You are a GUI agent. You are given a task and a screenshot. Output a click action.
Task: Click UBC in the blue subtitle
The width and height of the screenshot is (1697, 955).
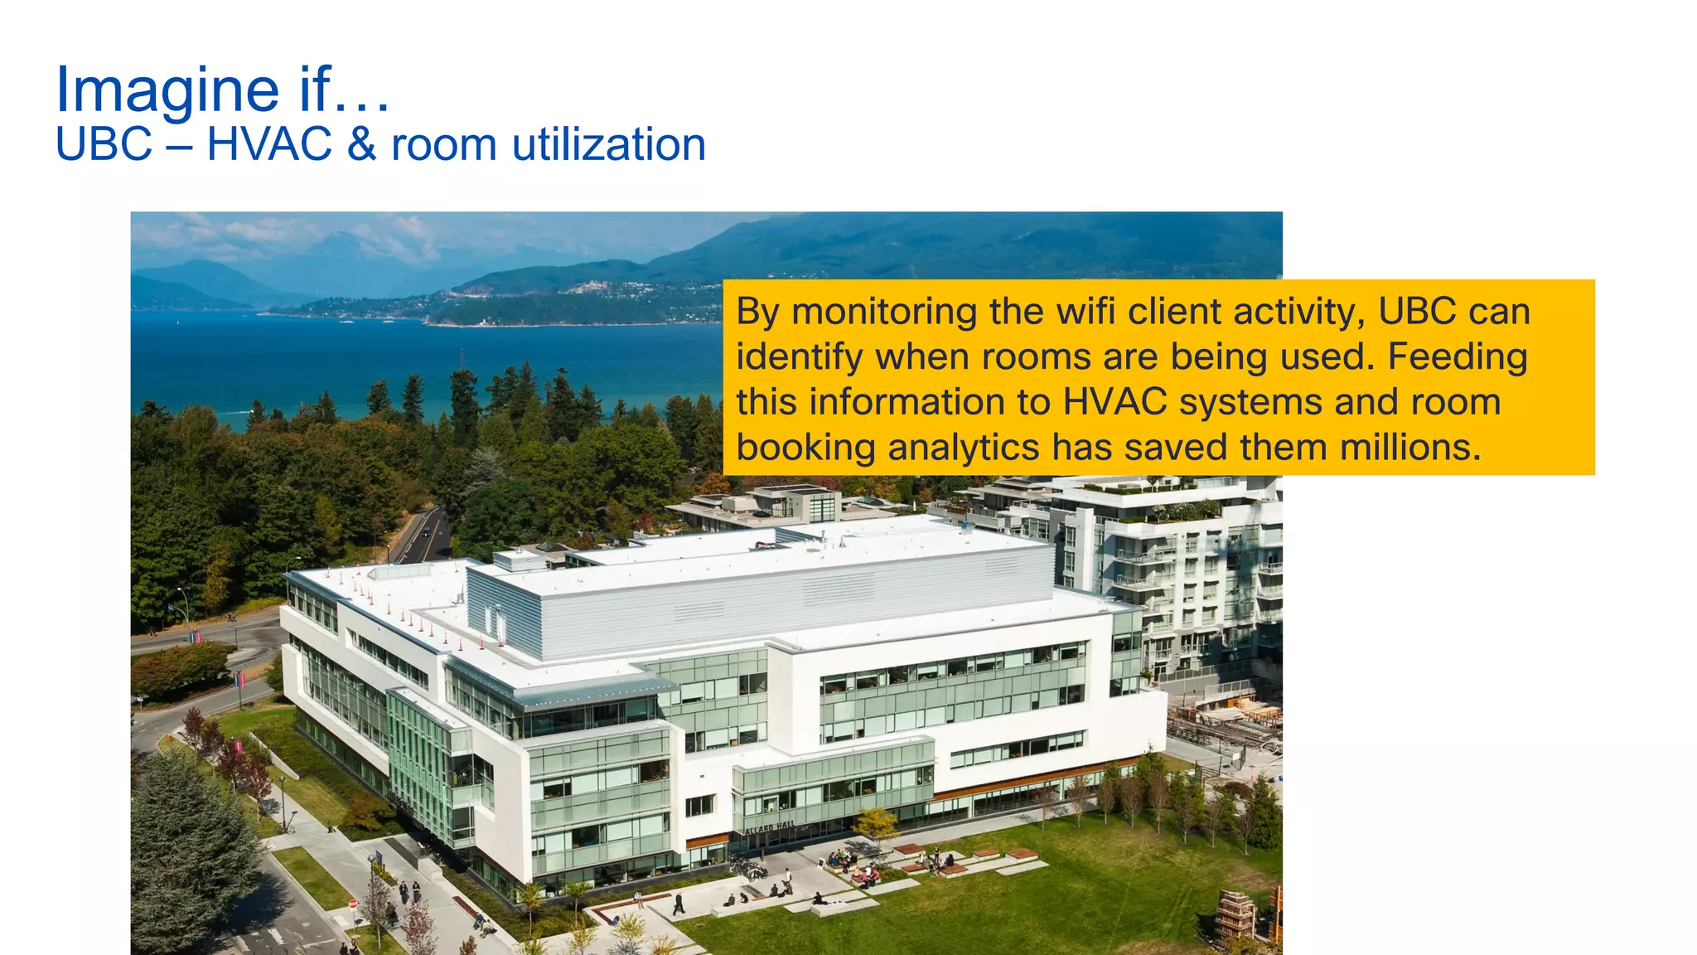coord(104,145)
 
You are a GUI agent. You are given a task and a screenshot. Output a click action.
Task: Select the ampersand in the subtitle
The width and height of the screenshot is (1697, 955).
coord(361,145)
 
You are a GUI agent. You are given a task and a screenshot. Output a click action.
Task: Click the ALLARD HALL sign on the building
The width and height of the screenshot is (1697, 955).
coord(769,827)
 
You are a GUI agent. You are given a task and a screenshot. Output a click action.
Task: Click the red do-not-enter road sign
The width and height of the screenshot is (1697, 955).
coord(353,904)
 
